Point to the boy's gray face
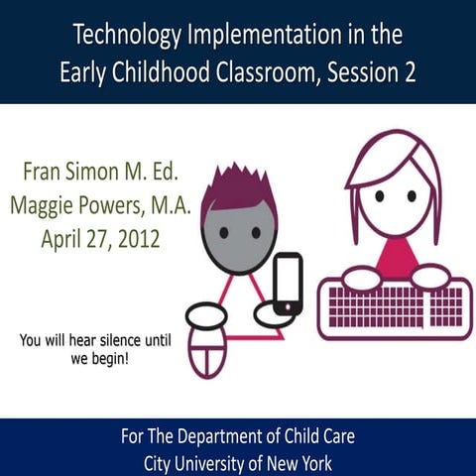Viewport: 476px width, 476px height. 238,238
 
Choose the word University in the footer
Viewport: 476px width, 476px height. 216,460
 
